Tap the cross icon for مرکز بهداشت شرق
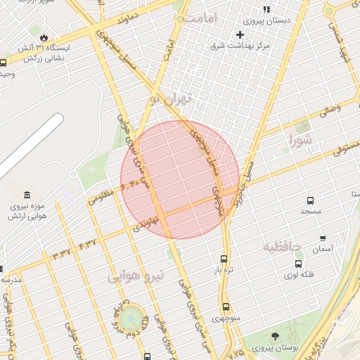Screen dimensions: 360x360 (x=240, y=34)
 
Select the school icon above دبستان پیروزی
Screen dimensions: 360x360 (x=266, y=9)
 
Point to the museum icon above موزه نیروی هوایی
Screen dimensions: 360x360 (x=27, y=195)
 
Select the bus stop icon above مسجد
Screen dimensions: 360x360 (x=311, y=200)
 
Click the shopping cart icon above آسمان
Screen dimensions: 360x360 (x=323, y=238)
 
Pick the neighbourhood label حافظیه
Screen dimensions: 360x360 (x=282, y=247)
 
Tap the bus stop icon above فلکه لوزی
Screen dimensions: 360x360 (x=298, y=264)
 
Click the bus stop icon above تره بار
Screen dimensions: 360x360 (x=224, y=258)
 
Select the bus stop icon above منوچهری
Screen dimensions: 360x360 (x=226, y=307)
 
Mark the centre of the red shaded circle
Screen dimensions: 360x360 (x=179, y=179)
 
